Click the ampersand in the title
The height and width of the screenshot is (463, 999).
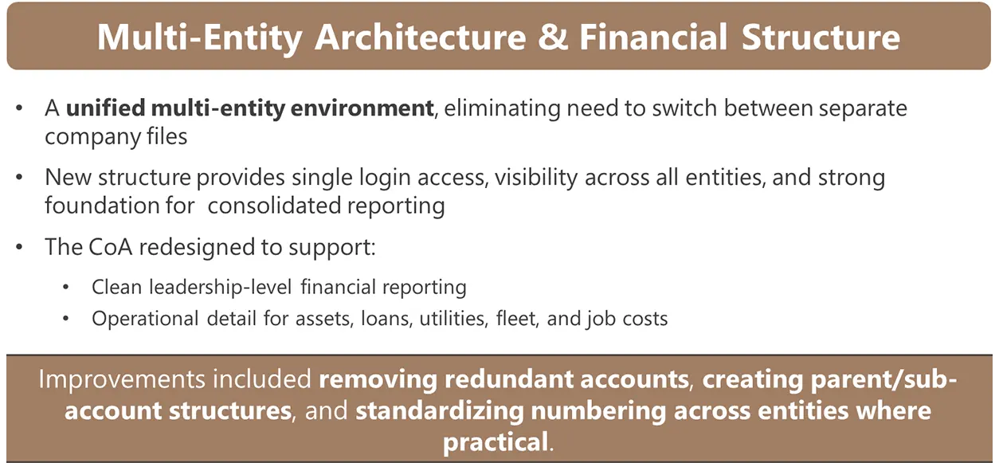click(x=553, y=37)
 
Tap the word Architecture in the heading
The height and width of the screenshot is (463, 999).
click(x=420, y=37)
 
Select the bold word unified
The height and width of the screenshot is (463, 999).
click(x=106, y=108)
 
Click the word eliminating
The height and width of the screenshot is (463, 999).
click(x=501, y=108)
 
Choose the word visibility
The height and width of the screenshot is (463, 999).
click(x=536, y=178)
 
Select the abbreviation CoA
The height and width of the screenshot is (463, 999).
click(x=111, y=247)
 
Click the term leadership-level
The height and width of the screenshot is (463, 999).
click(x=221, y=287)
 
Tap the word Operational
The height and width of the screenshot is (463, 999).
click(x=146, y=319)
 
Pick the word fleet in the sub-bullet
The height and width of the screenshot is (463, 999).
click(x=518, y=319)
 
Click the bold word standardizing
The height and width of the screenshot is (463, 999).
click(x=439, y=411)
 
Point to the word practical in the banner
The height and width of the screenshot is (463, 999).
click(x=496, y=442)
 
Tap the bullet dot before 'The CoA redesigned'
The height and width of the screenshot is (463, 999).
click(x=19, y=247)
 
